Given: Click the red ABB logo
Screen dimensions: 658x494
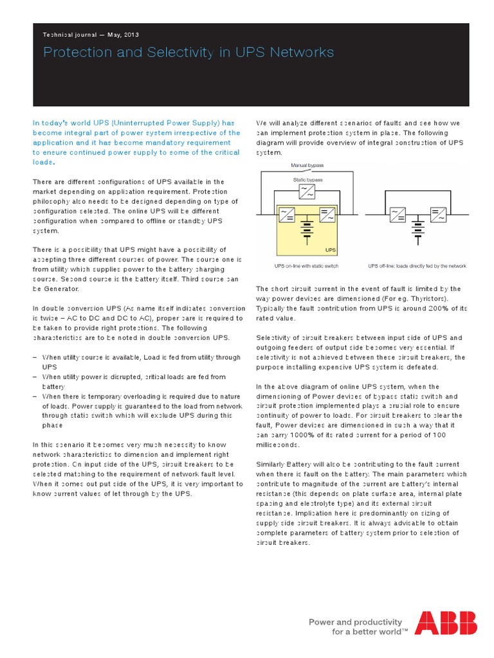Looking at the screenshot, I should coord(445,623).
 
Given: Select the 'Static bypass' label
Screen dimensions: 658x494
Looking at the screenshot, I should coord(307,180).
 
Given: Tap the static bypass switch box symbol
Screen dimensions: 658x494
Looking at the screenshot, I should coord(307,191).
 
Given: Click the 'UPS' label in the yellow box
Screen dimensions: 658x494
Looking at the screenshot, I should coord(331,250).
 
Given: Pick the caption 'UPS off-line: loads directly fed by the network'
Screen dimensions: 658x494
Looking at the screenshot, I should coord(417,266).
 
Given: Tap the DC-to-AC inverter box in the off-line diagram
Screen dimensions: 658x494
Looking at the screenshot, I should coord(439,215).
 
